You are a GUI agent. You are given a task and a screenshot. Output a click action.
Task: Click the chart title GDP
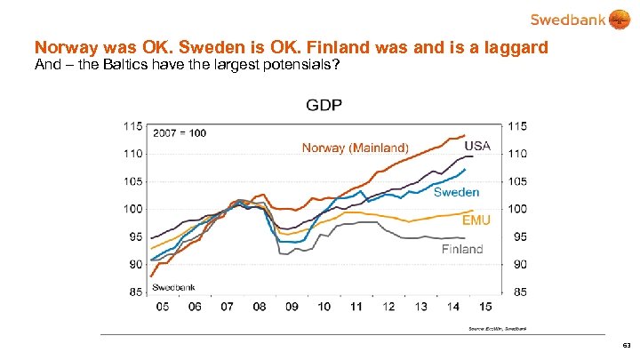coord(324,106)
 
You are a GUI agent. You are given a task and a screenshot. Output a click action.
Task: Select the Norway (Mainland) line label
coord(356,148)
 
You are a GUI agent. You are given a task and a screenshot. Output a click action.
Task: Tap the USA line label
coord(477,146)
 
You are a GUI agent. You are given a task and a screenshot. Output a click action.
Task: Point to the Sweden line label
coord(456,192)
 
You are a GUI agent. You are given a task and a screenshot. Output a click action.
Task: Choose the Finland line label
coord(462,249)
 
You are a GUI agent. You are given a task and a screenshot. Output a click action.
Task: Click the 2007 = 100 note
coord(180,132)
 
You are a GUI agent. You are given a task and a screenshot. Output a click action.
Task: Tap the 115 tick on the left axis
coord(132,126)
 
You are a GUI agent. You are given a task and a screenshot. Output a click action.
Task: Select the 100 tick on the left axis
coord(132,209)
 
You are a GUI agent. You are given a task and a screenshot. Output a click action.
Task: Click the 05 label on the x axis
coord(163,307)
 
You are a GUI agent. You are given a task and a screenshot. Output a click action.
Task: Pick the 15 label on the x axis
coord(485,307)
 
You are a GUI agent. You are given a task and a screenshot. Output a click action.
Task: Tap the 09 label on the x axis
coord(292,307)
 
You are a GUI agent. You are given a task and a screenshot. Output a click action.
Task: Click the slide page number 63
coord(627,345)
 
